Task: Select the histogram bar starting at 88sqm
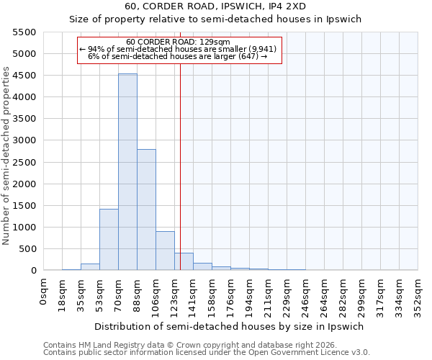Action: coord(146,210)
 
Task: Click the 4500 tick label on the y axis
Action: coord(24,76)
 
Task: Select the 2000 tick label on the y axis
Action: coord(24,184)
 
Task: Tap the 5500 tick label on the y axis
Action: coord(24,32)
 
